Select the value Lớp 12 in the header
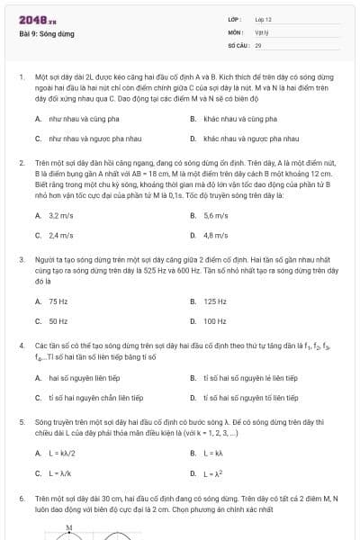tap(264, 19)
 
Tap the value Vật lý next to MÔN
tap(262, 31)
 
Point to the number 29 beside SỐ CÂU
tap(258, 44)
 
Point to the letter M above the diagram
tap(68, 528)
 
